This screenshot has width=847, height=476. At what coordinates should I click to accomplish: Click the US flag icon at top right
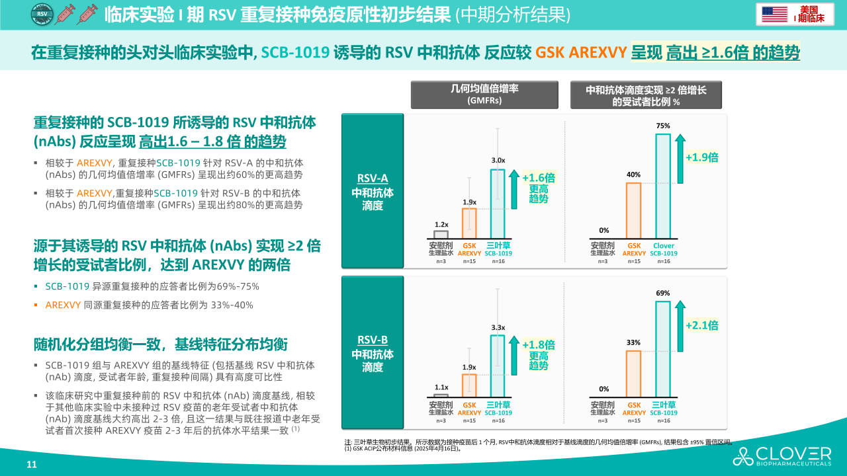pos(774,14)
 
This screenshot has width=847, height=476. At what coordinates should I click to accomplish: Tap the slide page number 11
pos(31,464)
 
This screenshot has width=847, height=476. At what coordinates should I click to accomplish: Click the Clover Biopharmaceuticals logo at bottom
pos(781,456)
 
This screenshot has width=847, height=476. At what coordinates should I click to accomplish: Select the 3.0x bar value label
pos(498,160)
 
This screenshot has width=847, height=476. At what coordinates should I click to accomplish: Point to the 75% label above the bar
pos(663,126)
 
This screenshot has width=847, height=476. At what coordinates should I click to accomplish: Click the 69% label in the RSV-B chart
pos(663,293)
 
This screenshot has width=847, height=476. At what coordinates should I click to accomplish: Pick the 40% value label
pos(633,175)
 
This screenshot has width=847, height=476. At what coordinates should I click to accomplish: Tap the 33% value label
pos(633,342)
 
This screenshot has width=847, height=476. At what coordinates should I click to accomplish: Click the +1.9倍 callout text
pos(701,157)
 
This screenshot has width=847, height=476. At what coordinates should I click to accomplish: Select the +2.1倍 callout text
pos(701,325)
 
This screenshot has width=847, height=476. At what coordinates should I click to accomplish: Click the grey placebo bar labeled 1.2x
pos(441,234)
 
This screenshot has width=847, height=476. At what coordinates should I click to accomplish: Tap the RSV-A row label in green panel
pos(373,178)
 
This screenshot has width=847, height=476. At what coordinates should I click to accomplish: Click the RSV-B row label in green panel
pos(373,340)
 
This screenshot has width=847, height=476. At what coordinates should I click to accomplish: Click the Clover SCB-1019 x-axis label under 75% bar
pos(663,249)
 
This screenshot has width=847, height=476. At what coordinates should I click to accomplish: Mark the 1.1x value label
pos(441,387)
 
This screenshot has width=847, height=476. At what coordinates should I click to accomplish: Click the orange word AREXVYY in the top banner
pos(580,52)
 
